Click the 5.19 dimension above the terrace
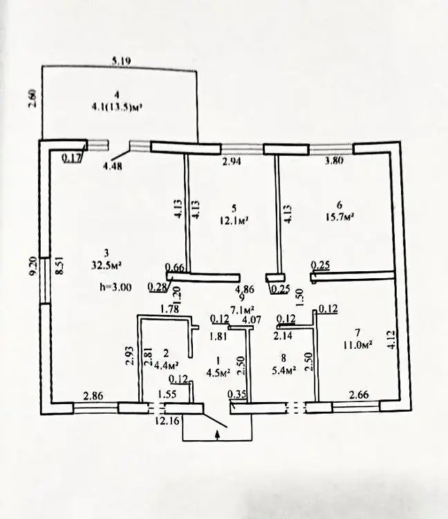(122, 61)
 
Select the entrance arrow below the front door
(218, 435)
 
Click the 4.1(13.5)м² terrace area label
(121, 107)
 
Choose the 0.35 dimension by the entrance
(238, 395)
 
